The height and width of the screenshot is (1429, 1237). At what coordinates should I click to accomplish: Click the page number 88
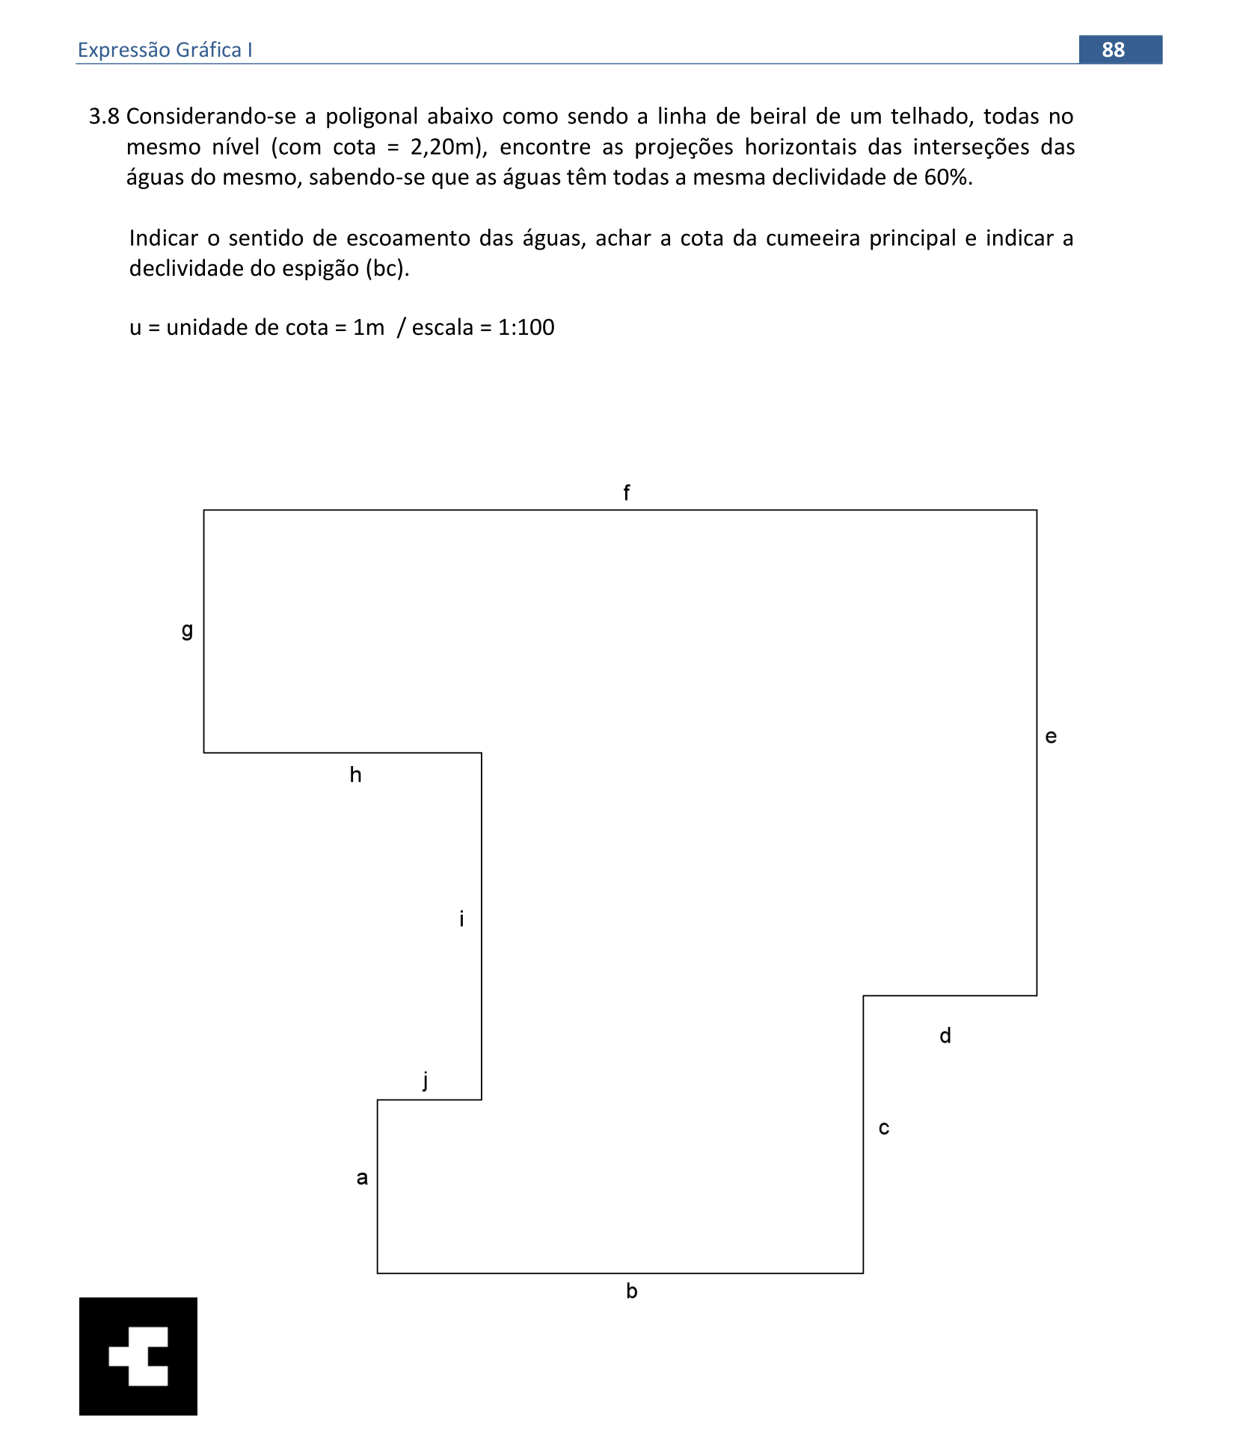(x=1113, y=49)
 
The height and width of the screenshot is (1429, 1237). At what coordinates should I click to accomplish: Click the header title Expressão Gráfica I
(x=165, y=50)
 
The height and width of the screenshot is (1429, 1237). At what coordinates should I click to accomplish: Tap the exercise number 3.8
(x=104, y=117)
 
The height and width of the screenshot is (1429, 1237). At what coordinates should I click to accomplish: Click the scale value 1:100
(x=526, y=327)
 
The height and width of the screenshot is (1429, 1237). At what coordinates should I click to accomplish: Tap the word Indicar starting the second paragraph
(x=163, y=238)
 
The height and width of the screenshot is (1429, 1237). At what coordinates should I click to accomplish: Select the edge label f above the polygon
(x=627, y=493)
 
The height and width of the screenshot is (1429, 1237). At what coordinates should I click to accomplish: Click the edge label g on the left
(x=187, y=630)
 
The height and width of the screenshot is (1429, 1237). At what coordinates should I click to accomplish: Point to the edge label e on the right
(x=1051, y=737)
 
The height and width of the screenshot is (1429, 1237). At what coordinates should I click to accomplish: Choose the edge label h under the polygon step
(x=355, y=775)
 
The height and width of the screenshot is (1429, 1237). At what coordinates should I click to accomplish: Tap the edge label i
(x=461, y=919)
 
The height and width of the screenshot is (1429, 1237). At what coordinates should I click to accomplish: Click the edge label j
(x=426, y=1080)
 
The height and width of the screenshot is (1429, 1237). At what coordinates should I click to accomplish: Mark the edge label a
(x=362, y=1178)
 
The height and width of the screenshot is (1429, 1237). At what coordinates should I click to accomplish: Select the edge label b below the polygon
(x=632, y=1291)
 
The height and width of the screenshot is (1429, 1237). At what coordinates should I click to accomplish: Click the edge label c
(x=884, y=1128)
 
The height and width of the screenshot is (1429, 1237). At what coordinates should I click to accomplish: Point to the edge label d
(x=945, y=1036)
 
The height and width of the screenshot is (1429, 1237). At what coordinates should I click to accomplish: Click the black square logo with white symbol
(x=138, y=1356)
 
